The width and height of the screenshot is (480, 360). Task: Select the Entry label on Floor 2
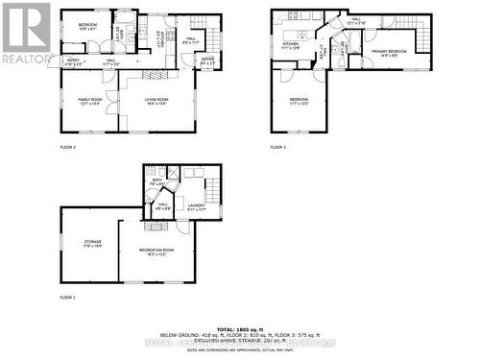click(x=74, y=60)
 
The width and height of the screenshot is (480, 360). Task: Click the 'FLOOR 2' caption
click(x=67, y=147)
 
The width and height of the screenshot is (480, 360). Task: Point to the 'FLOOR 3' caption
click(x=277, y=147)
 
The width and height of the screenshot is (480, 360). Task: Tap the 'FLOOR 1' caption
click(x=66, y=299)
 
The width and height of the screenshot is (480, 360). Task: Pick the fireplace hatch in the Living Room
click(x=154, y=73)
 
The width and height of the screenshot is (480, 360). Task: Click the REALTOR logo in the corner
click(x=25, y=31)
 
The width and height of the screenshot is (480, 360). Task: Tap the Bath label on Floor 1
click(x=157, y=180)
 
